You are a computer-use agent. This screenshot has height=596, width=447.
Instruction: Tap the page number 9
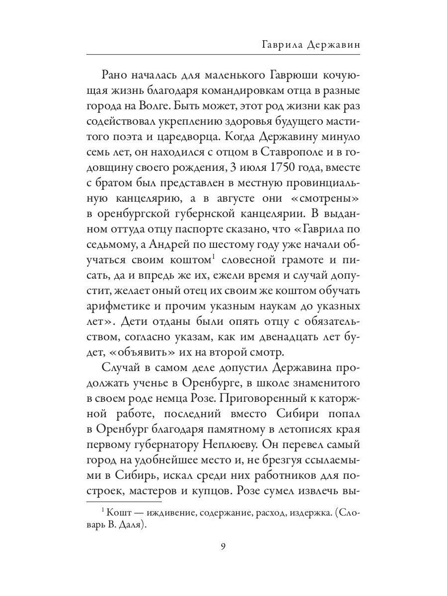(x=223, y=547)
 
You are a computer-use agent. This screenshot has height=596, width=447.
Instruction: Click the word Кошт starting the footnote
(x=116, y=514)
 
